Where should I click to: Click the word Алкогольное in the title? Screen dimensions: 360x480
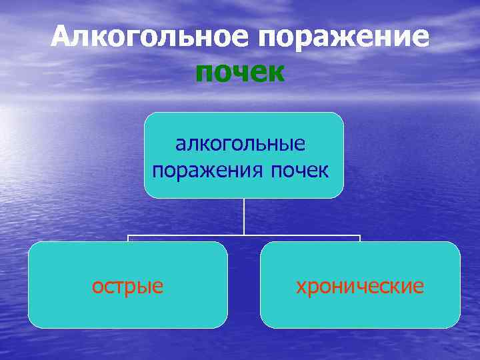151,37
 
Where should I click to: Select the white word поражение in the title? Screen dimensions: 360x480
345,37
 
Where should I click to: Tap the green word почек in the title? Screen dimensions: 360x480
240,72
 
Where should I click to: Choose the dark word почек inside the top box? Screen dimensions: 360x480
299,170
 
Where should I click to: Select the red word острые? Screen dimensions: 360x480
127,286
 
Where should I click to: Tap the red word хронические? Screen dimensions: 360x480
360,286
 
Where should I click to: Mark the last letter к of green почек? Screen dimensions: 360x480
276,73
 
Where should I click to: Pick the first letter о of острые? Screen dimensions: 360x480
97,287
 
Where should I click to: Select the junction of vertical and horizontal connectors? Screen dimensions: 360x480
244,235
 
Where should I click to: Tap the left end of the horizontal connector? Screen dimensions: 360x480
129,235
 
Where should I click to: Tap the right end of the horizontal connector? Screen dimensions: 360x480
360,235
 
